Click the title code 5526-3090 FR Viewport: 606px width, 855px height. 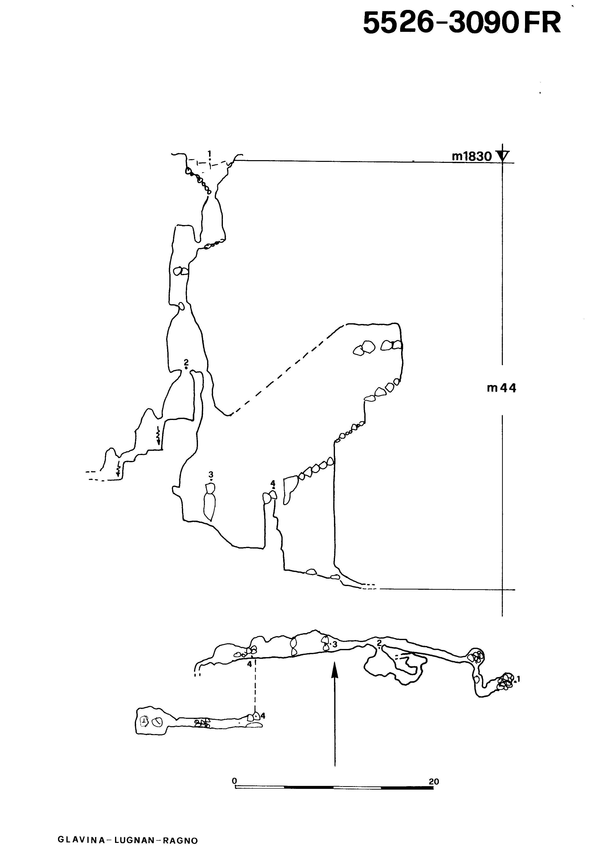462,23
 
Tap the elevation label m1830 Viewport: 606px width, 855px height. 472,156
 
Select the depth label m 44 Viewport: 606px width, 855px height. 502,388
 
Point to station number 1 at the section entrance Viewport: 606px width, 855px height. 210,153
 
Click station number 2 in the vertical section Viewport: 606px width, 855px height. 186,362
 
